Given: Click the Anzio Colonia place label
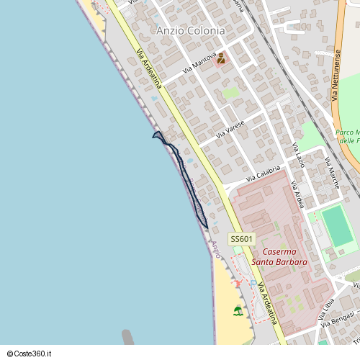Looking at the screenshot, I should pyautogui.click(x=190, y=31).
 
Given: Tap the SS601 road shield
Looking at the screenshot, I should pyautogui.click(x=242, y=239).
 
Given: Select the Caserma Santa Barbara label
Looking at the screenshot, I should pyautogui.click(x=284, y=257).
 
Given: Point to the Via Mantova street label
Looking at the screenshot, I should pyautogui.click(x=199, y=64).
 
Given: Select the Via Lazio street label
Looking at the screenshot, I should pyautogui.click(x=298, y=156).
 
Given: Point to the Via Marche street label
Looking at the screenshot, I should pyautogui.click(x=333, y=174).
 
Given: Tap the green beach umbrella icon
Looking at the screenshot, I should pyautogui.click(x=238, y=310).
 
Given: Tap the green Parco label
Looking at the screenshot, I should pyautogui.click(x=347, y=137).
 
